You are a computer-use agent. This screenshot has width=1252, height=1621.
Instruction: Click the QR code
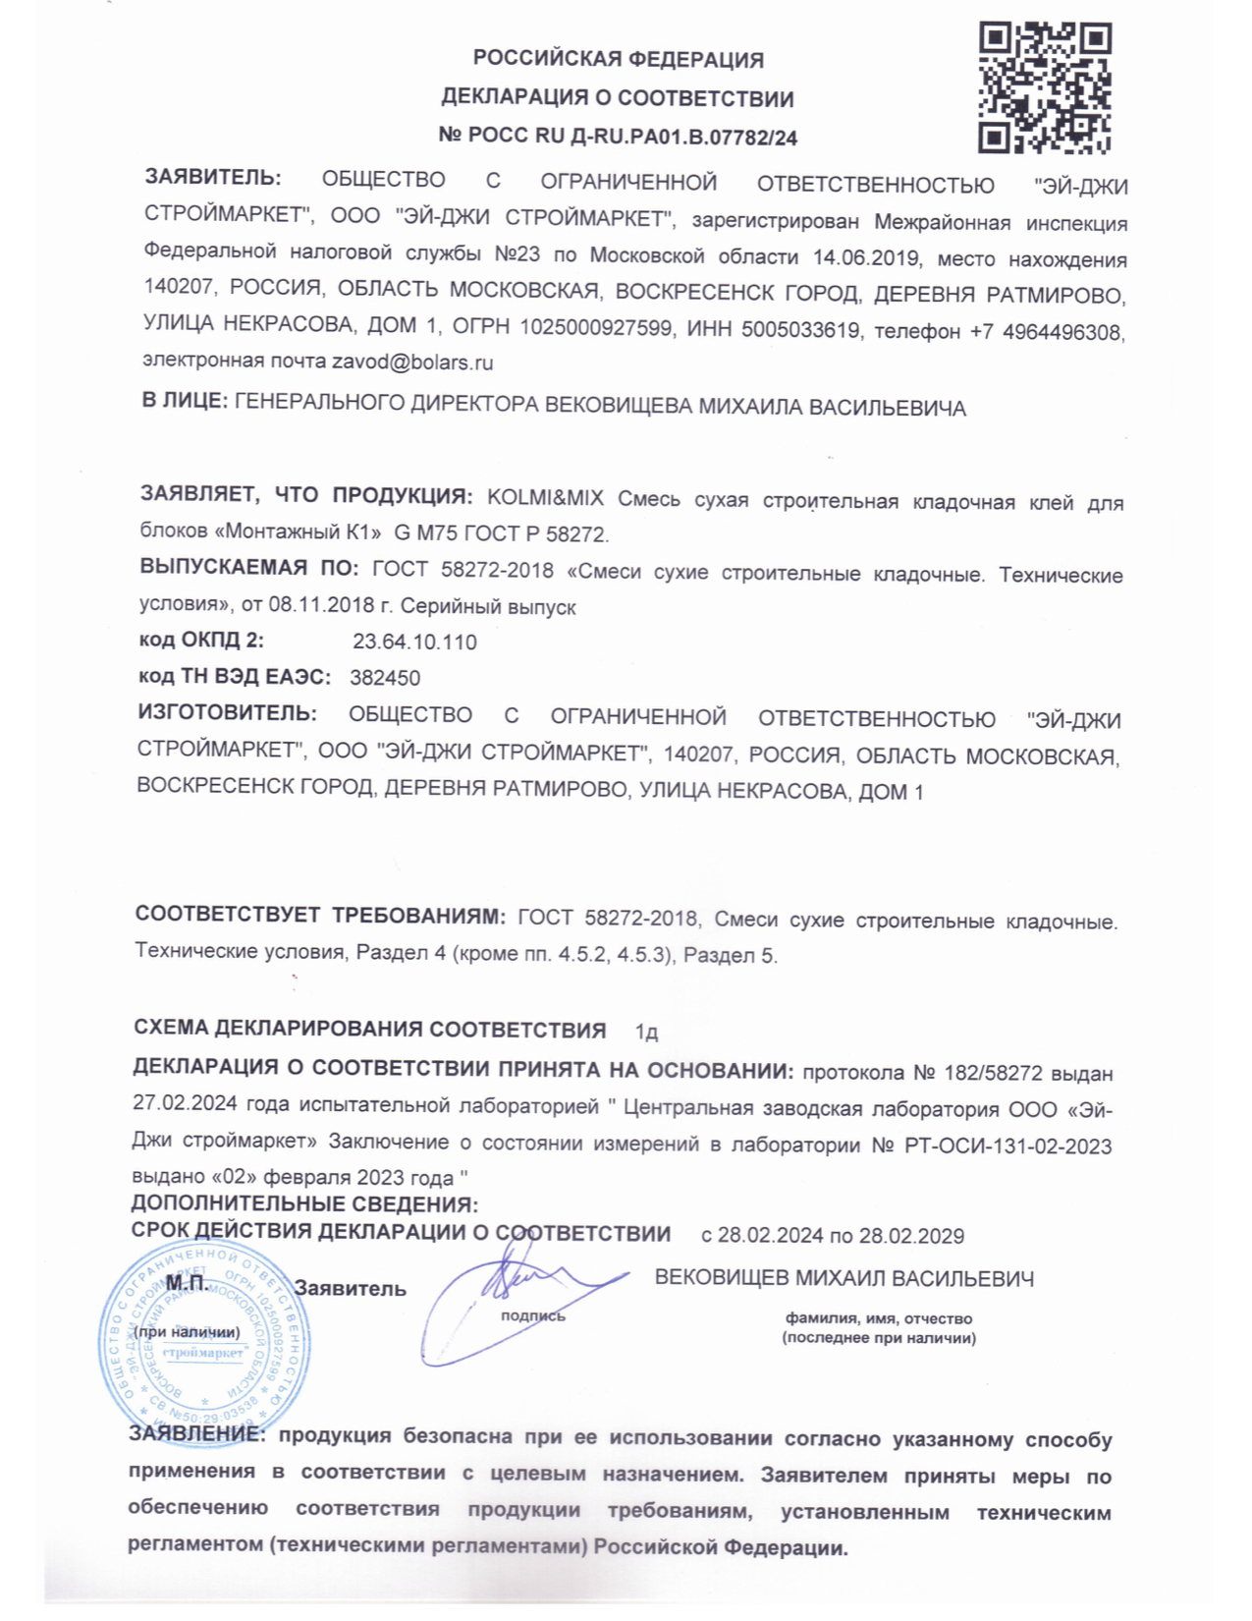(x=1045, y=88)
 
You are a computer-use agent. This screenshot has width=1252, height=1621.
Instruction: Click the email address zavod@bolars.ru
(x=412, y=363)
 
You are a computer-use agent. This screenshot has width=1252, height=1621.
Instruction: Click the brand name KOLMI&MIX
(x=546, y=498)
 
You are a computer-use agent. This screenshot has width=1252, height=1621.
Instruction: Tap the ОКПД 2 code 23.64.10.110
(x=414, y=643)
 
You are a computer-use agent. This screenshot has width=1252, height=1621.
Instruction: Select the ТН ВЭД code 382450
(x=385, y=678)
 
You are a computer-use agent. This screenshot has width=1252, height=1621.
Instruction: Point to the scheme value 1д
(x=646, y=1033)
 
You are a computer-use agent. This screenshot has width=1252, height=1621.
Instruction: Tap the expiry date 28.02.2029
(x=911, y=1236)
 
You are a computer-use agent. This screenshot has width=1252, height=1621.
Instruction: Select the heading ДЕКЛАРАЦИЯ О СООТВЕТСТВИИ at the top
(x=618, y=98)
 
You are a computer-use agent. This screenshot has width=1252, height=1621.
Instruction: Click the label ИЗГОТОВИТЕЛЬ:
(x=227, y=712)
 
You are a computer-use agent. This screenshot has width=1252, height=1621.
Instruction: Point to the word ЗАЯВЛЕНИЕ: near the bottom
(x=197, y=1435)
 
